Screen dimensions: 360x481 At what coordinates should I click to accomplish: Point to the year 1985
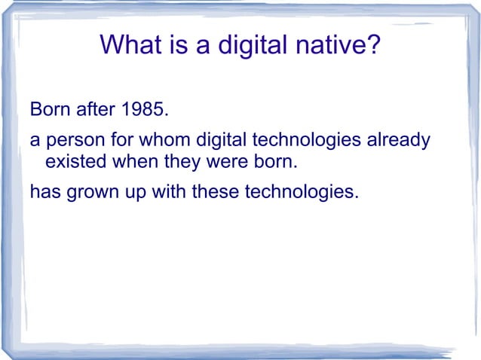pyautogui.click(x=145, y=112)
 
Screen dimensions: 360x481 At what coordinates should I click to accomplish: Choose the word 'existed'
pyautogui.click(x=76, y=162)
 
